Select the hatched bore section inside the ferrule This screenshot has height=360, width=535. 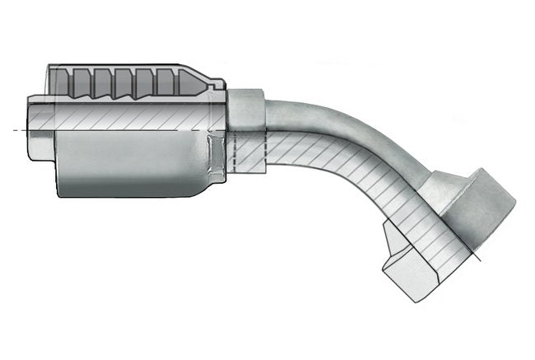pos(123,116)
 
